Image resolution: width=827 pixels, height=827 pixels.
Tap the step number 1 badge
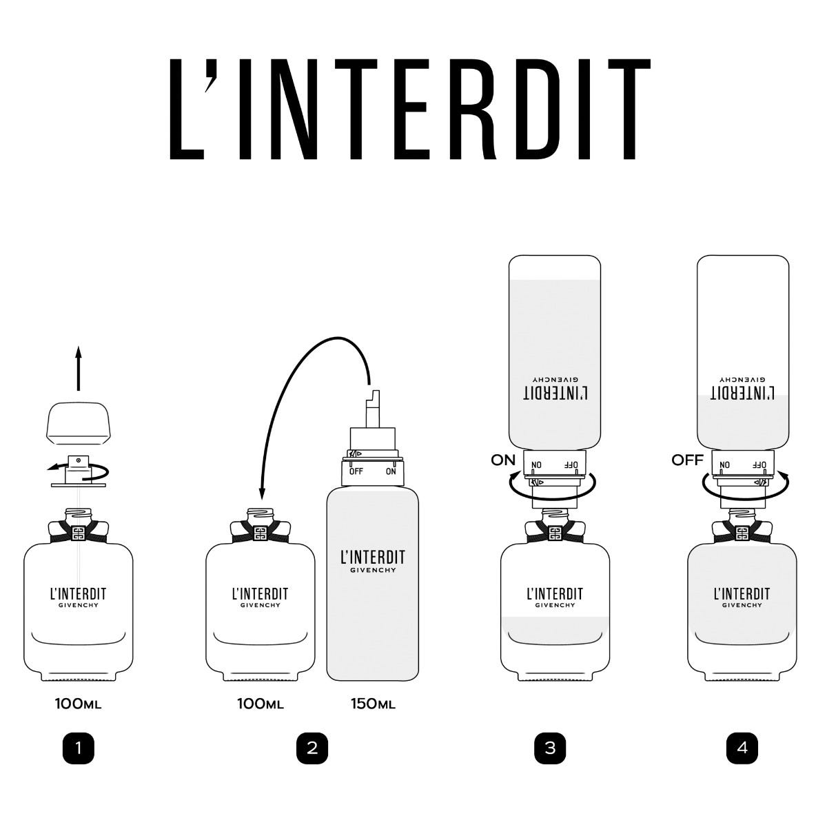click(78, 748)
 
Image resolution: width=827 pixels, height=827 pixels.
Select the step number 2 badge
click(312, 748)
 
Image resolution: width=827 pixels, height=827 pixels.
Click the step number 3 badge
click(549, 748)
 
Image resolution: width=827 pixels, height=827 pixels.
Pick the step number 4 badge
click(742, 748)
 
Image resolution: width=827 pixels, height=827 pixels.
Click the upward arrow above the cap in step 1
click(78, 369)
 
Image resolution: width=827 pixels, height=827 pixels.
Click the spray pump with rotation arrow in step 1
click(77, 470)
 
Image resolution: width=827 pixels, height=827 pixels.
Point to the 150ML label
click(373, 704)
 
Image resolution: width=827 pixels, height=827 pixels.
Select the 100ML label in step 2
click(261, 704)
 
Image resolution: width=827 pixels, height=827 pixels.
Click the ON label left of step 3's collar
click(503, 460)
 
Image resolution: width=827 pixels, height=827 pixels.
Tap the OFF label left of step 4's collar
click(687, 460)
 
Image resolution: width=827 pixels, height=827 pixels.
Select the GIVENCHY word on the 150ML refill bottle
click(372, 571)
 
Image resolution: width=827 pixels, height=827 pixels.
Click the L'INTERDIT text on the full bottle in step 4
click(742, 594)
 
